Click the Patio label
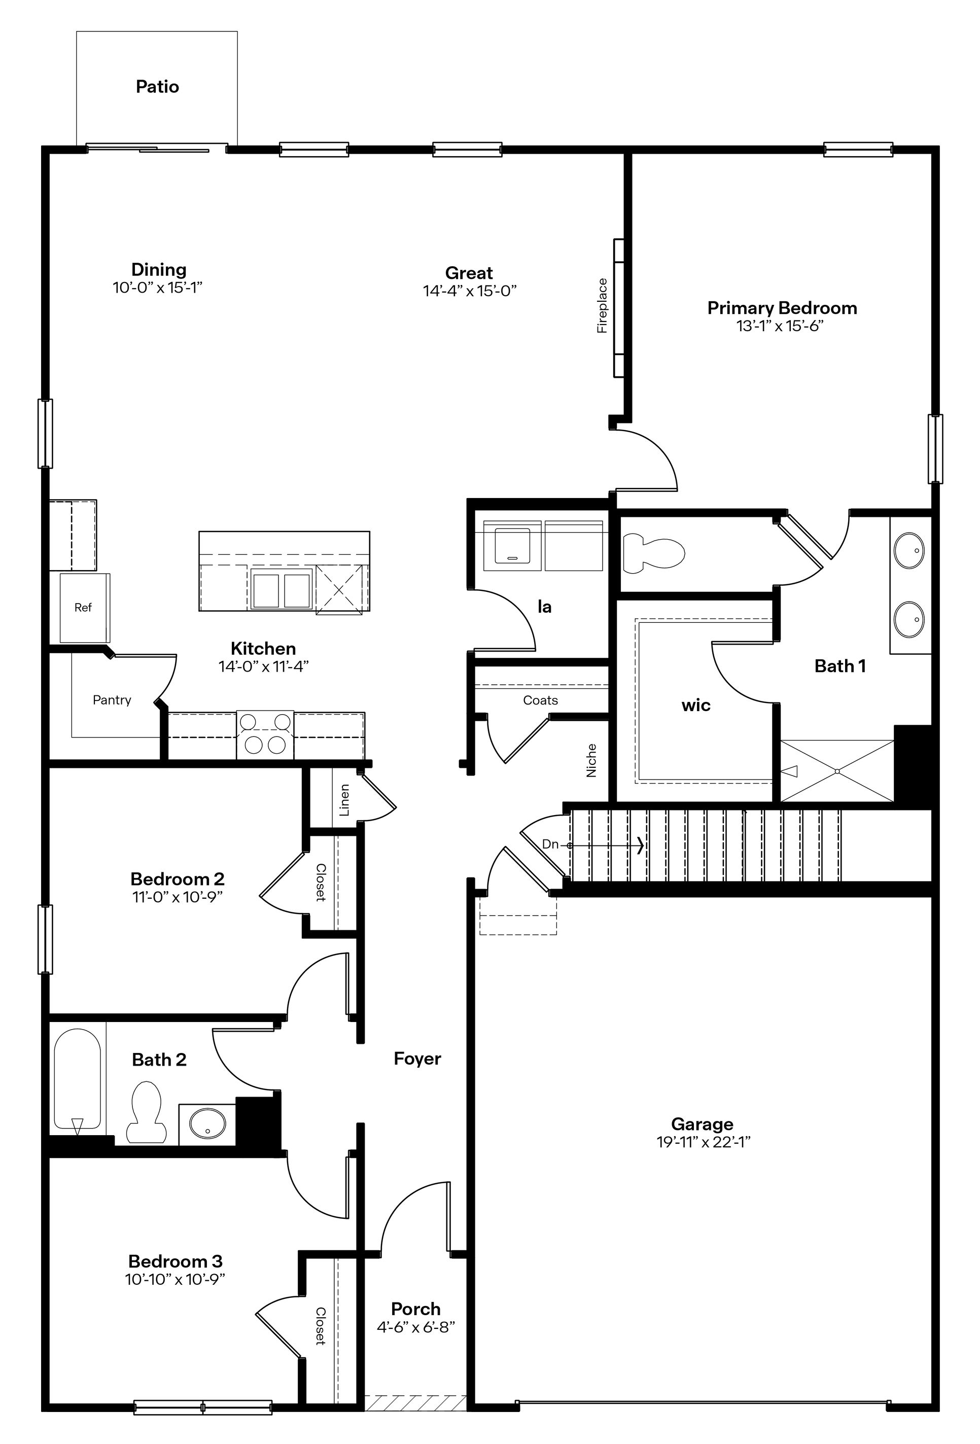pos(157,86)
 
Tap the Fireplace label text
pos(602,306)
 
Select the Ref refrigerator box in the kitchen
pos(84,608)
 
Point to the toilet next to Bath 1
pos(652,551)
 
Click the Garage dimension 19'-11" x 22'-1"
pos(704,1142)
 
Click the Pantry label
pos(112,700)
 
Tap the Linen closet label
pos(344,800)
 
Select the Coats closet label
pos(540,700)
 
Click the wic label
pos(695,705)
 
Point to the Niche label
pos(591,760)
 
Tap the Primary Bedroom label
pos(782,308)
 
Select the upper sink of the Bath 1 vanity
pos(908,550)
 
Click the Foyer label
pos(417,1059)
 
